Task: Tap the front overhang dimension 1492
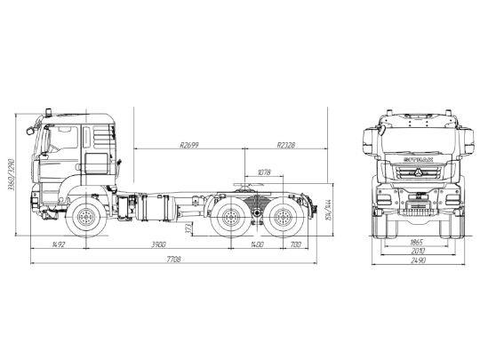coord(60,243)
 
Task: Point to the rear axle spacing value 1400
coord(257,243)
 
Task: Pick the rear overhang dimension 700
coord(294,243)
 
